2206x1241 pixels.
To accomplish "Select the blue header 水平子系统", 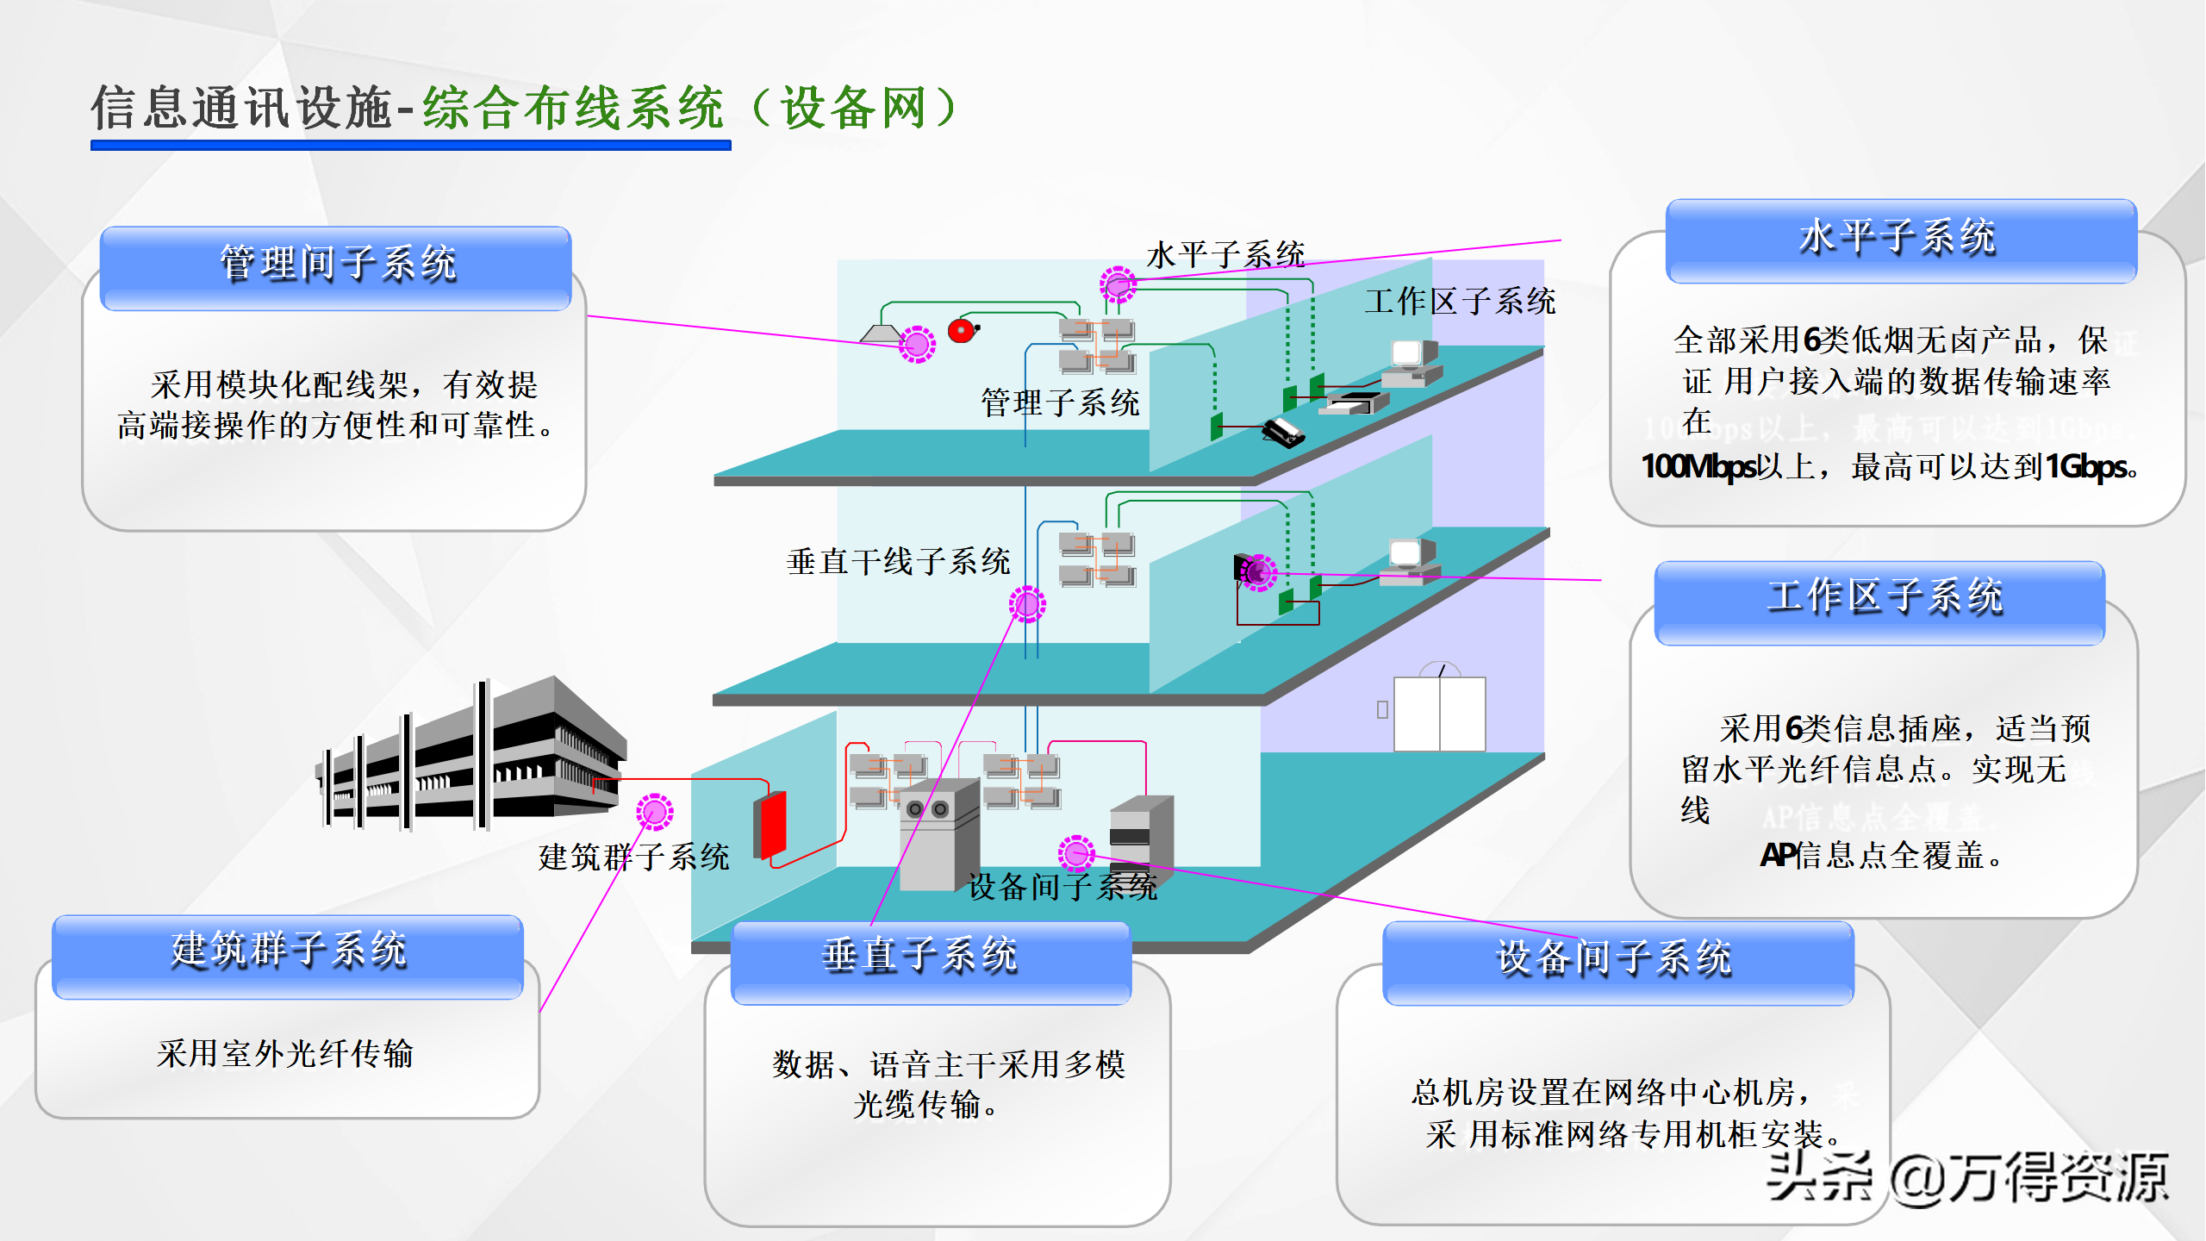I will pos(1900,240).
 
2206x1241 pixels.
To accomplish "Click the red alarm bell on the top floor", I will pos(962,331).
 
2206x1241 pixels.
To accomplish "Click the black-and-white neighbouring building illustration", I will pos(474,758).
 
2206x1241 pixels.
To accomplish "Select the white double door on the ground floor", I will pos(1439,713).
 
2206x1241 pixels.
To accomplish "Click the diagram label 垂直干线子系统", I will pos(898,562).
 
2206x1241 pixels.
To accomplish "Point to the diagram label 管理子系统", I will pos(1060,403).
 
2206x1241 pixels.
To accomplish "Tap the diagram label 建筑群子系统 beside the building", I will pos(633,857).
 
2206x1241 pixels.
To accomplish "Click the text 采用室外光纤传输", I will pos(285,1054).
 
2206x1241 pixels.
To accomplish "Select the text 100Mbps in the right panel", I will pos(1698,467).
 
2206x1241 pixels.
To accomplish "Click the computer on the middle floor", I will pos(1409,561).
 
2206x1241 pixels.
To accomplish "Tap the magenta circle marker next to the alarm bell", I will pos(917,345).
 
